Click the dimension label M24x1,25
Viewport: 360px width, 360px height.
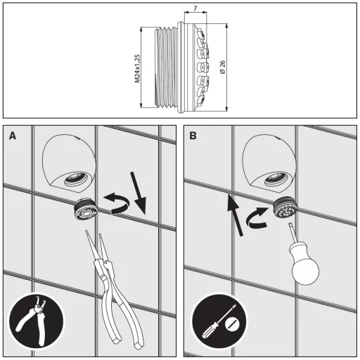tap(137, 68)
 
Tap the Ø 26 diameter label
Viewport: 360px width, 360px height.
tap(223, 67)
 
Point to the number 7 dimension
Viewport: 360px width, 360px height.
tap(195, 8)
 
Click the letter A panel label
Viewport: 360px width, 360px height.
tap(13, 136)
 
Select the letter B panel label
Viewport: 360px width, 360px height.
tap(193, 136)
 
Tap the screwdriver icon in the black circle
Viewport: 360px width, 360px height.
tap(219, 321)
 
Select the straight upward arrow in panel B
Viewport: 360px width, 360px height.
tap(235, 215)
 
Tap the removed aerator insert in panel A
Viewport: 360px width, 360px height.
tap(84, 209)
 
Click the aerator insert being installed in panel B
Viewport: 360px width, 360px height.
tap(285, 208)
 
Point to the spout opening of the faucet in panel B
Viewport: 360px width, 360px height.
tap(276, 179)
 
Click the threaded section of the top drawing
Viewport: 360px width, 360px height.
tap(166, 67)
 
